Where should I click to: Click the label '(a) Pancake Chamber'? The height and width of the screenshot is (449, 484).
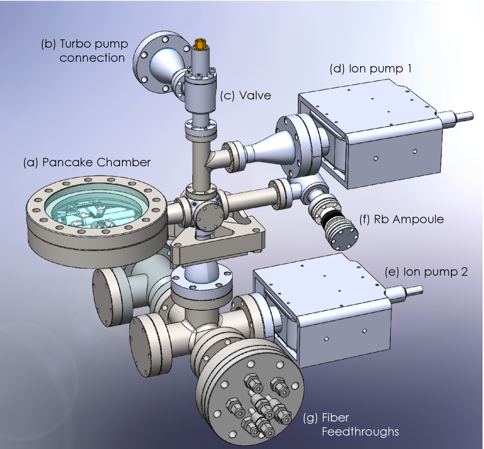[86, 163]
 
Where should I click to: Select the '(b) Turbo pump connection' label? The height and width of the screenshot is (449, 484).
[84, 51]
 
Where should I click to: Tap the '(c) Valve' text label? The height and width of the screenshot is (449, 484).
[245, 96]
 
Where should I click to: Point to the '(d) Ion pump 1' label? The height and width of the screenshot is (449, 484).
[370, 69]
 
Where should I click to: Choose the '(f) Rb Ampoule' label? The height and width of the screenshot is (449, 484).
[401, 219]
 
